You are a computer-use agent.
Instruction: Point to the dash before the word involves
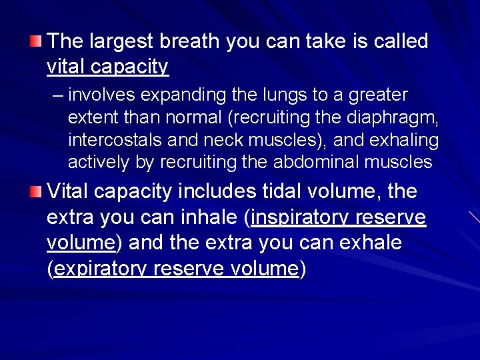coord(57,95)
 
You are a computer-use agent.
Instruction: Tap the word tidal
coord(281,192)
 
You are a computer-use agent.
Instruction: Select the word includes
coord(217,192)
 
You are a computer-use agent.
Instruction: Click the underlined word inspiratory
coord(299,218)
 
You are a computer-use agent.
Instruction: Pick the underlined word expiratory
coord(99,269)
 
